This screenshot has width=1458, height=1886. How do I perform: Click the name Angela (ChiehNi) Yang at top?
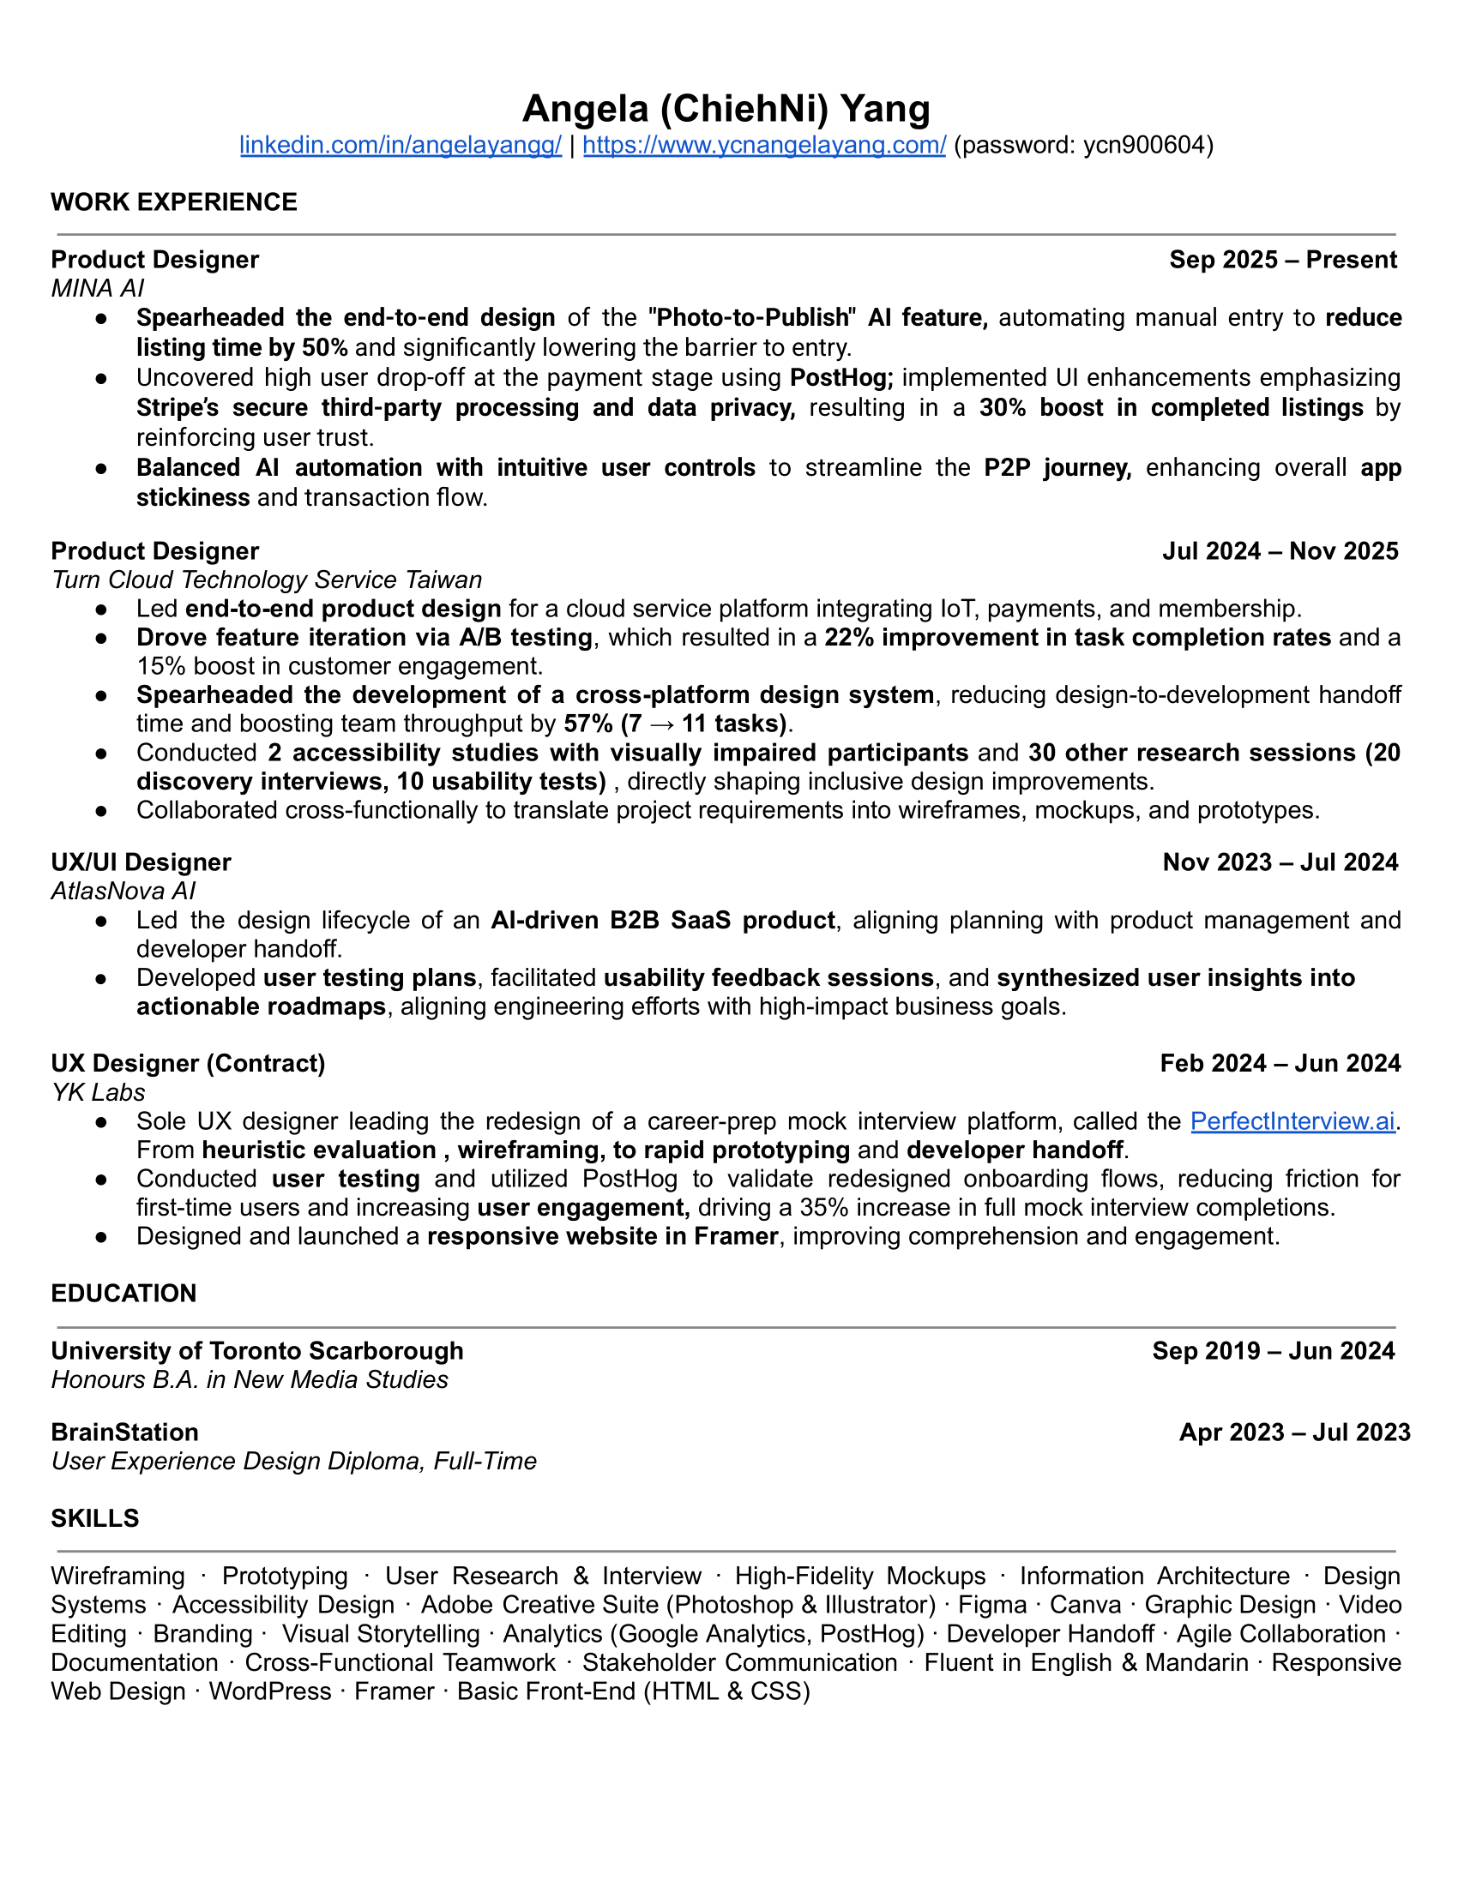point(726,109)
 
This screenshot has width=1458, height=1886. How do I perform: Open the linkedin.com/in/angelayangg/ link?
point(400,145)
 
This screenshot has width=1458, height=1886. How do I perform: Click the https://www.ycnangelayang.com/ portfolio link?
point(763,145)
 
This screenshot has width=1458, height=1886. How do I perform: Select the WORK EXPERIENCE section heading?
point(173,202)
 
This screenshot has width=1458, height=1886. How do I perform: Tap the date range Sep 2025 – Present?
point(1282,260)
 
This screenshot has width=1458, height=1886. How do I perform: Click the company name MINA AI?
point(98,288)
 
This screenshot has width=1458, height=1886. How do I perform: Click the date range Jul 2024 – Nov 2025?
point(1280,551)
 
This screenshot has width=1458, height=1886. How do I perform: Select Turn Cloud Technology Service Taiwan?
point(266,580)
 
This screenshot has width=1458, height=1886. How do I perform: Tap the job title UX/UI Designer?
point(141,862)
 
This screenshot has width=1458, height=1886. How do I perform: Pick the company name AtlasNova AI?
point(124,891)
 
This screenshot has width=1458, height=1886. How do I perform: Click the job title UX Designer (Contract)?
point(188,1063)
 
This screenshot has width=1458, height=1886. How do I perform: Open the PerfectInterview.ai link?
point(1292,1121)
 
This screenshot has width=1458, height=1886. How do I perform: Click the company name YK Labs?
point(98,1092)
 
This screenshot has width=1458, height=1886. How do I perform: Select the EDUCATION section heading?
point(124,1294)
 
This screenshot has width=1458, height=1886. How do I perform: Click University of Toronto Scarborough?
point(256,1350)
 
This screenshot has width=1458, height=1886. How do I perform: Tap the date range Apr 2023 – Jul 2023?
point(1294,1433)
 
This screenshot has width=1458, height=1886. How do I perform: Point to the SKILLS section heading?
point(95,1518)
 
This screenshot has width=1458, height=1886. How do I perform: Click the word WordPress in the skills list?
point(269,1691)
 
